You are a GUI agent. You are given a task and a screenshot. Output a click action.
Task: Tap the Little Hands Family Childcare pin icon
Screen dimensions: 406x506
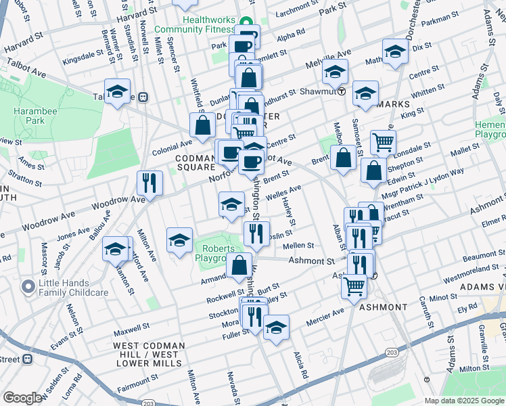(x=28, y=287)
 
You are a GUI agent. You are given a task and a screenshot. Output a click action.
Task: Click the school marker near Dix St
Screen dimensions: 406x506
(x=395, y=51)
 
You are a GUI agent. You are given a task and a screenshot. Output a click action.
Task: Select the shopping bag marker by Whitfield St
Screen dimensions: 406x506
(x=203, y=125)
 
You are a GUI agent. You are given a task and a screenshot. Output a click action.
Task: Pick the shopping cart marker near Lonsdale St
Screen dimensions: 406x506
(x=383, y=143)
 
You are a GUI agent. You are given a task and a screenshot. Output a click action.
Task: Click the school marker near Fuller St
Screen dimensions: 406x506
(x=276, y=328)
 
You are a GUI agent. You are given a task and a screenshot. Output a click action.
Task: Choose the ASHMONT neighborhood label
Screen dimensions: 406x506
(x=383, y=307)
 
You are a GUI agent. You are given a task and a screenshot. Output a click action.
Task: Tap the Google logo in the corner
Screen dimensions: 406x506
(x=22, y=398)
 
